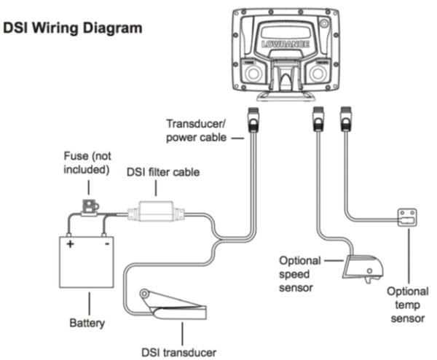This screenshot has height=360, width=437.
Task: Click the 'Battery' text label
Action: [x=87, y=321]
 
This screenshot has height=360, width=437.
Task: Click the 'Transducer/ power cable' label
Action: [x=198, y=129]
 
